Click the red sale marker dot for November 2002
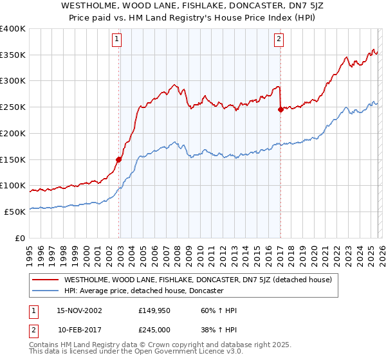click(x=119, y=159)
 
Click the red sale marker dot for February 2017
click(x=280, y=109)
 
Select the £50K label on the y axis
click(x=15, y=212)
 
